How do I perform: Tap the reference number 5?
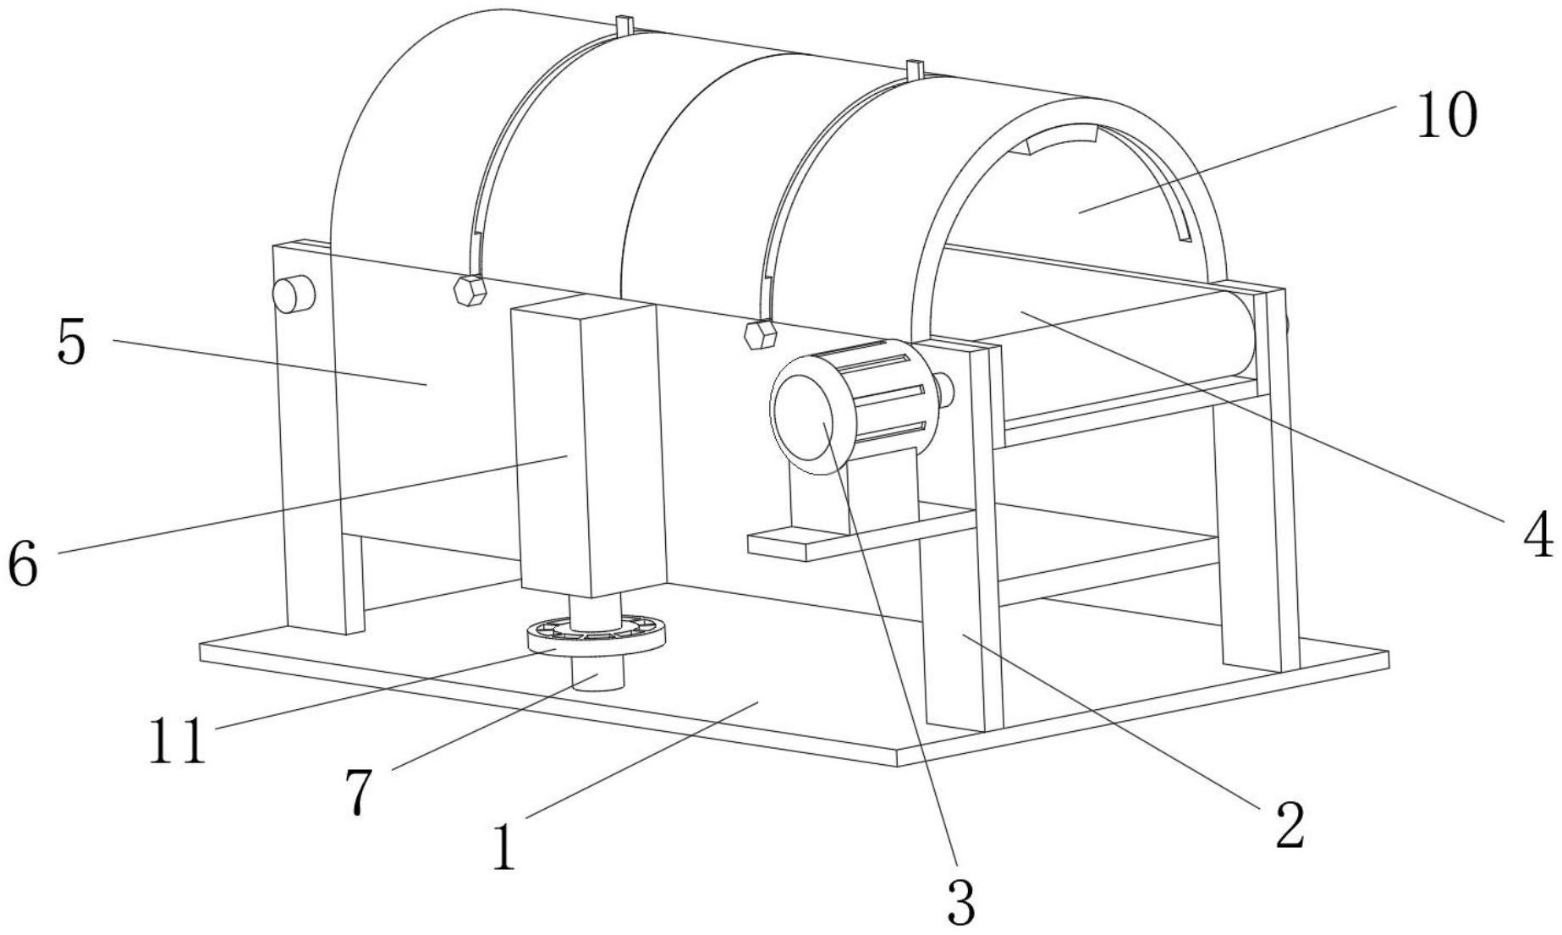pyautogui.click(x=72, y=343)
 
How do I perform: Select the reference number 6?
pyautogui.click(x=23, y=563)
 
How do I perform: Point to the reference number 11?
pyautogui.click(x=177, y=740)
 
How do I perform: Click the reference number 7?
pyautogui.click(x=359, y=793)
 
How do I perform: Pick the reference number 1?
pyautogui.click(x=504, y=848)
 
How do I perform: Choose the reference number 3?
pyautogui.click(x=961, y=901)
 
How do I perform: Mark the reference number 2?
pyautogui.click(x=1290, y=825)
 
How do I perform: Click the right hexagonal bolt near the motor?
pyautogui.click(x=760, y=333)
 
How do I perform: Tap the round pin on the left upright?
pyautogui.click(x=293, y=294)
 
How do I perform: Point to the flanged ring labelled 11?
pyautogui.click(x=597, y=636)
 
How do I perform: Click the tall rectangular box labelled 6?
pyautogui.click(x=588, y=448)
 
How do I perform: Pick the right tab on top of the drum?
pyautogui.click(x=913, y=70)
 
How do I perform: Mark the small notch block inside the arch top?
pyautogui.click(x=1061, y=139)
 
